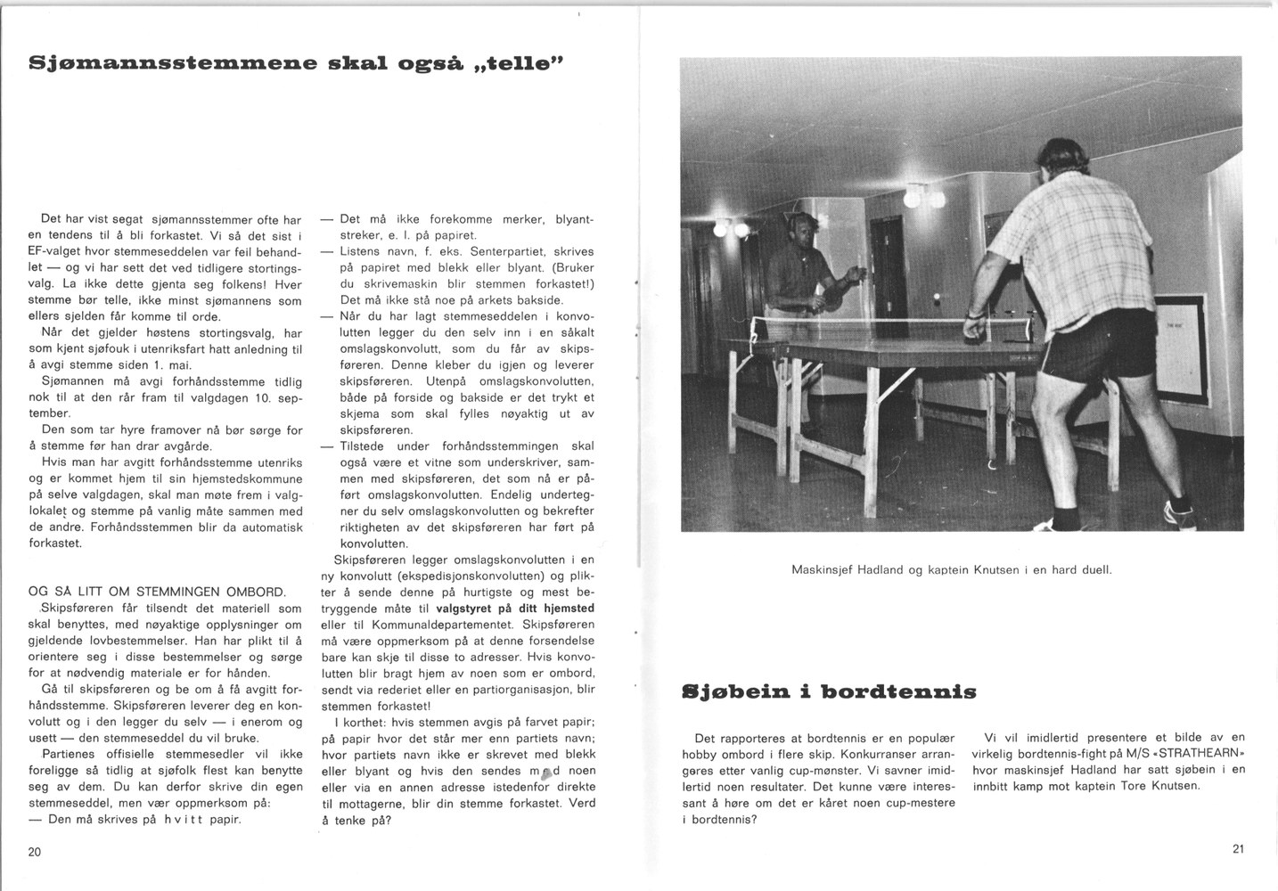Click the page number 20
click(x=35, y=852)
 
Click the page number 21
click(x=1238, y=849)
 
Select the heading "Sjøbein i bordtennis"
click(x=829, y=691)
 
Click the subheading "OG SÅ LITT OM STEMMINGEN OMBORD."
click(x=158, y=592)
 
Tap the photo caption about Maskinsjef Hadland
click(x=951, y=569)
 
